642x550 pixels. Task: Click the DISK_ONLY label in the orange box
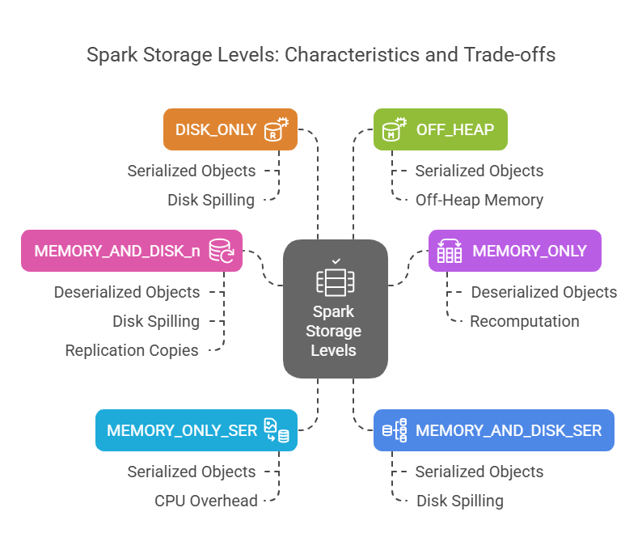[216, 129]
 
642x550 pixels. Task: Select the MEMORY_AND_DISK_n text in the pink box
[117, 251]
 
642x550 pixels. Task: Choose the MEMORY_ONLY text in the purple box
[530, 251]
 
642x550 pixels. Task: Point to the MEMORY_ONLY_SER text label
[182, 430]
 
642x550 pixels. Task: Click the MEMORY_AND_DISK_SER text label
[509, 430]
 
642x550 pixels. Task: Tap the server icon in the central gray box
[335, 280]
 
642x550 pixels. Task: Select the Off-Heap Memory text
[479, 200]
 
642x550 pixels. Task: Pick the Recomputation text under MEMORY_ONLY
[525, 321]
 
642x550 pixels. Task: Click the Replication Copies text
[132, 350]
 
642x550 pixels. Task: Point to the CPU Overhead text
[206, 501]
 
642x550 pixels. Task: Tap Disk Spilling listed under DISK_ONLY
[211, 200]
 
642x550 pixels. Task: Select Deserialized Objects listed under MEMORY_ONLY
[544, 292]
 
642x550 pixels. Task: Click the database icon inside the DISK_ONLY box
[276, 129]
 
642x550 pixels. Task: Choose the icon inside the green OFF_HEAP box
[394, 129]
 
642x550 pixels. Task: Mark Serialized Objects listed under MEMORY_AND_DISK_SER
[479, 472]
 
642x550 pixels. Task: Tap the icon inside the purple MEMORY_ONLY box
[449, 251]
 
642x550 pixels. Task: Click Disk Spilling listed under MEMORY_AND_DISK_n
[156, 321]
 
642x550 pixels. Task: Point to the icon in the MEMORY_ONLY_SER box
[276, 430]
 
